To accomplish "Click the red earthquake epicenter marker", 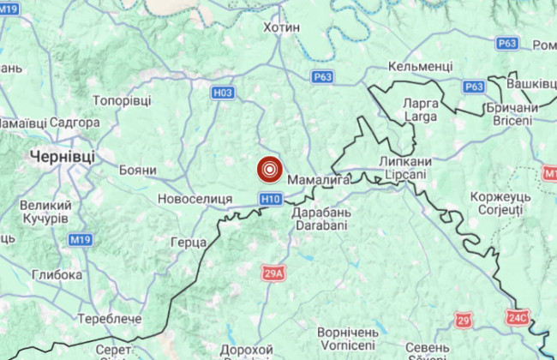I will pyautogui.click(x=270, y=170).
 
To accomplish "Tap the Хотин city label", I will pyautogui.click(x=281, y=27).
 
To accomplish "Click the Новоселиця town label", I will pyautogui.click(x=195, y=199).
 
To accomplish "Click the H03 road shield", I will pyautogui.click(x=223, y=92).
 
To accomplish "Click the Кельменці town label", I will pyautogui.click(x=420, y=66).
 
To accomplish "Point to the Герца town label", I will pyautogui.click(x=188, y=242).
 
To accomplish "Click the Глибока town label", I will pyautogui.click(x=57, y=275).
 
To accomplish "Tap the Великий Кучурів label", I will pyautogui.click(x=45, y=213).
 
